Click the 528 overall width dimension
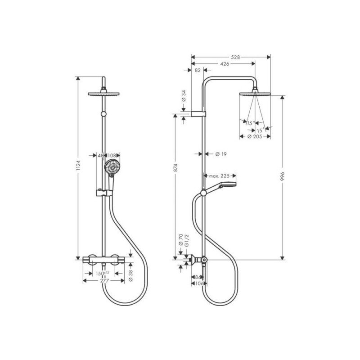point(235,57)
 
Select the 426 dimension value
point(225,64)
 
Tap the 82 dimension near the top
point(198,70)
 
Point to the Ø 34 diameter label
point(184,96)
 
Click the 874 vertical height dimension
point(175,167)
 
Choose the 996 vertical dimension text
point(283,176)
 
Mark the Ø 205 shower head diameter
point(255,137)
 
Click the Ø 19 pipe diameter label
point(221,154)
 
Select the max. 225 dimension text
point(219,176)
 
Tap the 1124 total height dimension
point(78,165)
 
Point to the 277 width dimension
point(104,280)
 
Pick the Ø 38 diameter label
point(131,276)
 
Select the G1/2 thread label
point(187,241)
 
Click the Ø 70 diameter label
point(181,240)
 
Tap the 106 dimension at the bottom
point(199,283)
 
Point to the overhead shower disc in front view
point(103,94)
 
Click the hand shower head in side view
point(227,184)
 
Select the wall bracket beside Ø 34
point(198,114)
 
